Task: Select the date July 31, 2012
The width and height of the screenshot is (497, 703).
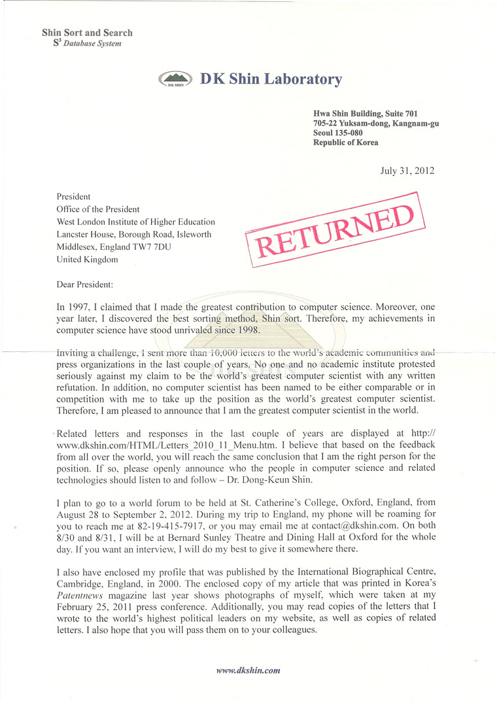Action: pos(407,171)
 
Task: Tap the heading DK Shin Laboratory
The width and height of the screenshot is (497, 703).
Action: pos(271,79)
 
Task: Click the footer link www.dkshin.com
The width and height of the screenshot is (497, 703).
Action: pos(248,670)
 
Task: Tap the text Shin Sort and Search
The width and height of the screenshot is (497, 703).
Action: pos(87,33)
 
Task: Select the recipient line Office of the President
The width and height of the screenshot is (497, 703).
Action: pos(98,209)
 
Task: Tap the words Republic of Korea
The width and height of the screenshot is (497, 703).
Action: pos(345,143)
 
